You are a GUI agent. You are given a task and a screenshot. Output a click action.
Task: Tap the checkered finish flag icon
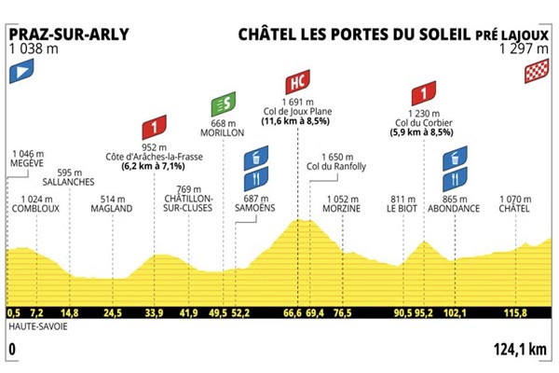(x=537, y=68)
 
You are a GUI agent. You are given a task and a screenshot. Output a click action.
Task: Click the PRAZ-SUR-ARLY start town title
(x=68, y=35)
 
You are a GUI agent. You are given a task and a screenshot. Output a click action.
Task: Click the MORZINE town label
(x=341, y=209)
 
